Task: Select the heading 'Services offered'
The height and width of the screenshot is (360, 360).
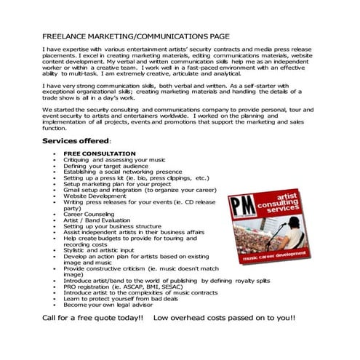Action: (75, 140)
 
